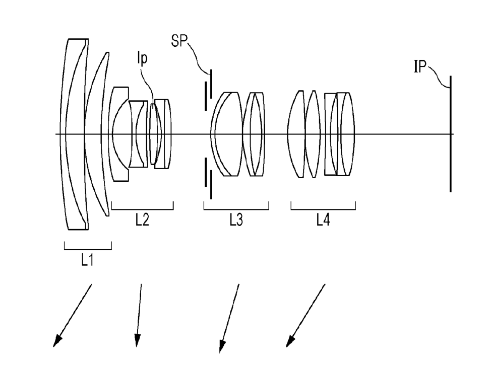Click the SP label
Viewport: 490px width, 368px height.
(179, 41)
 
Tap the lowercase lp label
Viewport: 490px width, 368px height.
(142, 58)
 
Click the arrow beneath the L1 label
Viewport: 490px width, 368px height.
(73, 315)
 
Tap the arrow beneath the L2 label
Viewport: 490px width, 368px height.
(139, 315)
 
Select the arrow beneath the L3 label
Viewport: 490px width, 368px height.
(229, 318)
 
